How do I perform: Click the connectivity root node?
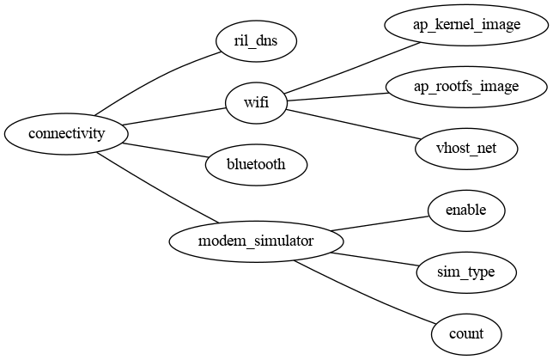(x=66, y=133)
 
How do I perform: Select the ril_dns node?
(x=256, y=40)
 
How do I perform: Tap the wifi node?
(x=256, y=103)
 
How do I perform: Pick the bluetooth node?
(x=256, y=163)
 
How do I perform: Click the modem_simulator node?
(x=256, y=241)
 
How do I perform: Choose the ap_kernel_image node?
(x=466, y=24)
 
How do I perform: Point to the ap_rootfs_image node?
(x=466, y=86)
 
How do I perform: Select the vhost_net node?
(x=466, y=149)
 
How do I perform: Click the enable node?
(x=466, y=211)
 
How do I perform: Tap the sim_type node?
(x=466, y=272)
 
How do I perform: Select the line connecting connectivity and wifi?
(x=172, y=117)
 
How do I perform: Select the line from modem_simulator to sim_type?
(x=374, y=259)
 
